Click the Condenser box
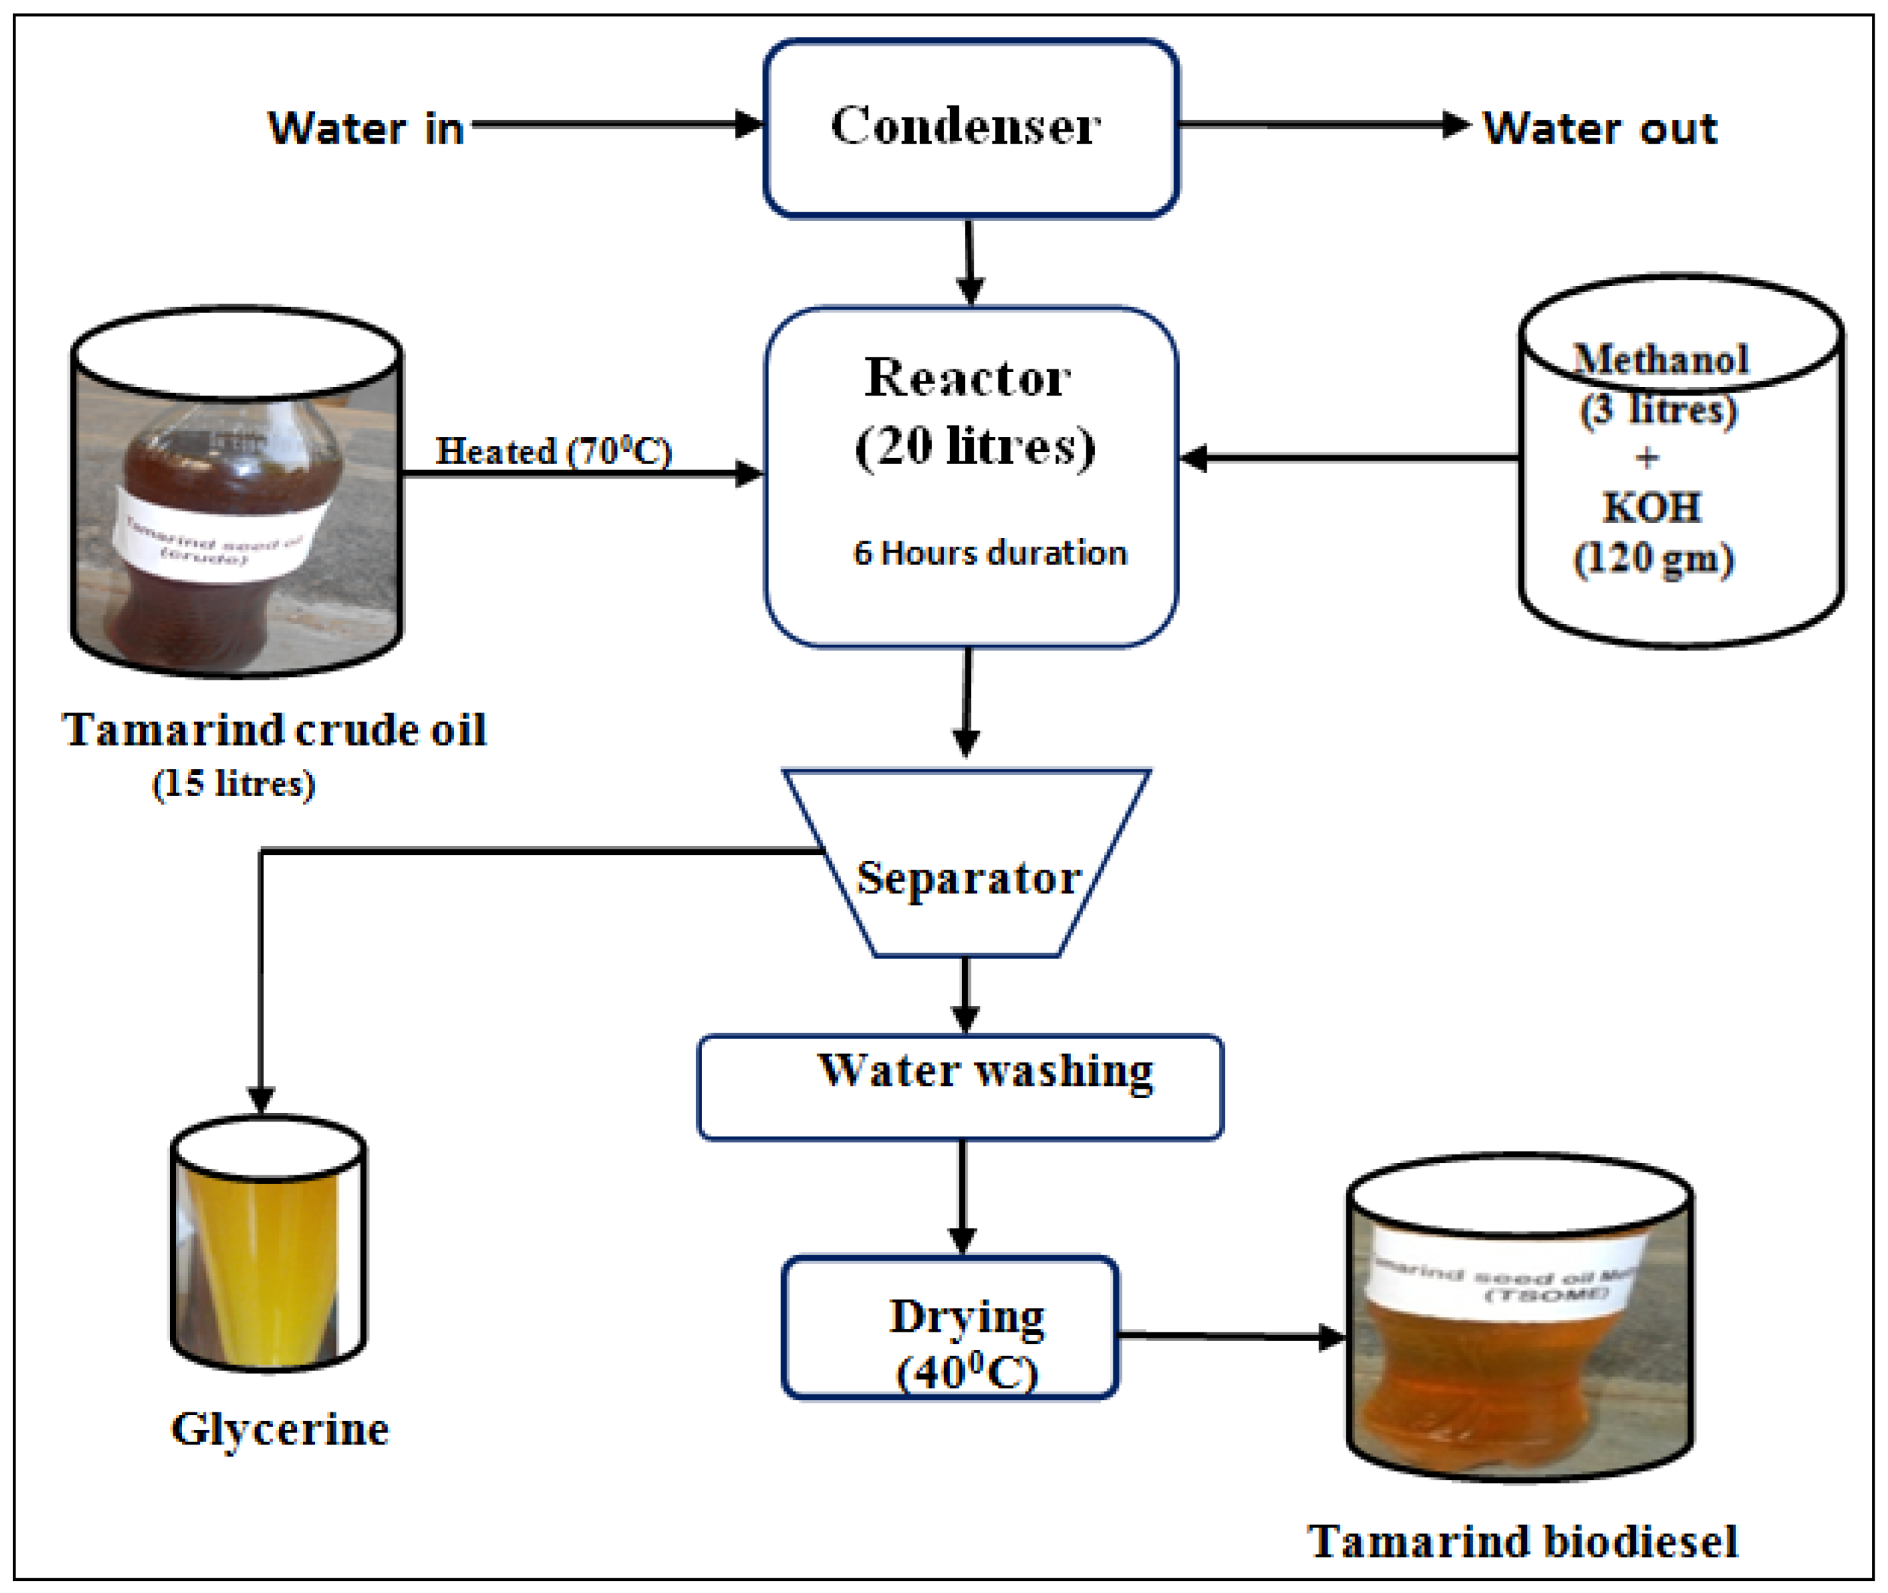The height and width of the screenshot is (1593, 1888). point(970,128)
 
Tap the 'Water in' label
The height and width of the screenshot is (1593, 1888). point(366,128)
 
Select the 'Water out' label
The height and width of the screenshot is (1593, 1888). point(1600,128)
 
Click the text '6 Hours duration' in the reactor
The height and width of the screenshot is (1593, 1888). point(990,553)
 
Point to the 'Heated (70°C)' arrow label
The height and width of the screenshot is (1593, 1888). point(554,451)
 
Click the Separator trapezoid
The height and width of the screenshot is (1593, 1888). point(968,878)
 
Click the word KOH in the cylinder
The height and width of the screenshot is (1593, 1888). point(1651,508)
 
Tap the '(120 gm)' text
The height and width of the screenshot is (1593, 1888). point(1653,559)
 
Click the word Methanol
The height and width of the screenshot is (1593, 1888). point(1660,359)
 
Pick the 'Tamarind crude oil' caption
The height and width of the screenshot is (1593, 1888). point(273,729)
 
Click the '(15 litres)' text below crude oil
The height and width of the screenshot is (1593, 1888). point(233,783)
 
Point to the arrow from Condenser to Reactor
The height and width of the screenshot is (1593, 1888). point(970,262)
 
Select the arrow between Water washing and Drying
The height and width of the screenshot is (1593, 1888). point(962,1197)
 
